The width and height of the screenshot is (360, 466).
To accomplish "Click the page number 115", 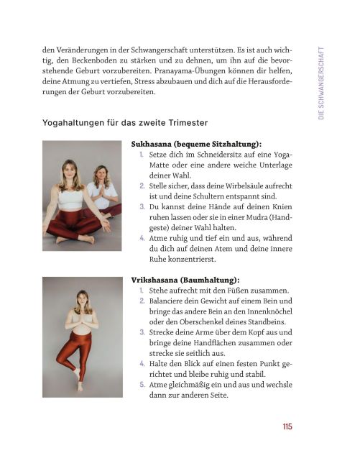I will pyautogui.click(x=287, y=426).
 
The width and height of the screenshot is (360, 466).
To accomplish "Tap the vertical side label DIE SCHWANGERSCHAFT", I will pyautogui.click(x=321, y=83).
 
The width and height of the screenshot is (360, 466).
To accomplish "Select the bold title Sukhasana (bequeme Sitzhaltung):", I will pyautogui.click(x=196, y=144).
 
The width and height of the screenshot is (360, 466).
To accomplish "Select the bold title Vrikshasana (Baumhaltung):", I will pyautogui.click(x=185, y=279).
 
